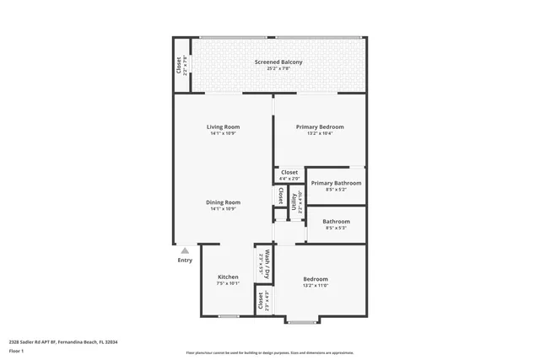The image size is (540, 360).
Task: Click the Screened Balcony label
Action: coord(278,62)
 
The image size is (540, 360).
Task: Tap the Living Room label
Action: coord(224,127)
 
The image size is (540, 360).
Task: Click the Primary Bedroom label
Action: coord(320,127)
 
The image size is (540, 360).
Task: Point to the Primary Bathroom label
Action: coord(336,183)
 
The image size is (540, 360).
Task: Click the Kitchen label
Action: coord(228,277)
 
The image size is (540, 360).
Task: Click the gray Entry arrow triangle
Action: coord(185,250)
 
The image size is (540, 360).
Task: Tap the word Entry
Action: coord(185,261)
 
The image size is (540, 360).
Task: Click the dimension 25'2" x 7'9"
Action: coord(278,69)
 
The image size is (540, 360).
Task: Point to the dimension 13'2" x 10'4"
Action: coord(320,134)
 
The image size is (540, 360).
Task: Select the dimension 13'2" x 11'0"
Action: coord(316,286)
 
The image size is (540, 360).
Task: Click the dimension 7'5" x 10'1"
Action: coord(228,284)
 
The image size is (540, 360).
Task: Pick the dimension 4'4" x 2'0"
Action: coord(289,179)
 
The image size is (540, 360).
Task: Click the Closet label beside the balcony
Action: coord(179,65)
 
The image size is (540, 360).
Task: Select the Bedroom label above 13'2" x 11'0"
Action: coord(316,279)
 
